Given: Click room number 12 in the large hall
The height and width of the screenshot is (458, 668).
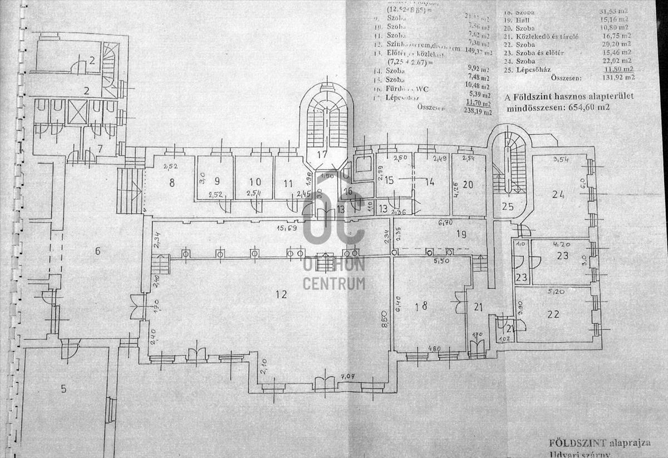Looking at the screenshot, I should (281, 294).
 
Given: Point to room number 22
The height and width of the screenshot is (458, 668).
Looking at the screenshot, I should (553, 314).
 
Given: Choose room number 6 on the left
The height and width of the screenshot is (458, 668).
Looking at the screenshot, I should (97, 251).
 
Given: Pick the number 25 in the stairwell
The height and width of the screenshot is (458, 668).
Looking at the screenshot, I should (507, 207).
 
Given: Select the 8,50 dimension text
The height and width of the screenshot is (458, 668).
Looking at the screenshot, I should (384, 321).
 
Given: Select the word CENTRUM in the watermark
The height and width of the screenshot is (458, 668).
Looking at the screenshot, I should (334, 283).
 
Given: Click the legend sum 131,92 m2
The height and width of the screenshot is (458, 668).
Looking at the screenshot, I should (618, 77).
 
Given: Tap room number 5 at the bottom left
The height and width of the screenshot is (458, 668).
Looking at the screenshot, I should (63, 388).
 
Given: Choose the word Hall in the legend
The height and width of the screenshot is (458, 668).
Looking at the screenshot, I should (524, 20).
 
